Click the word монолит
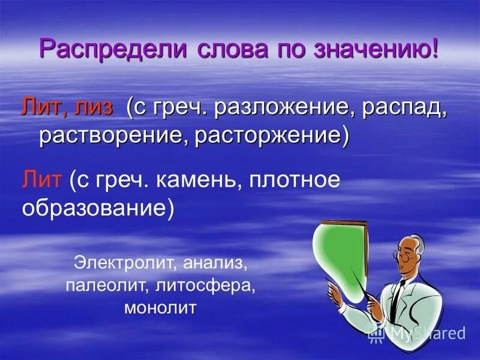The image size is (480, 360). coord(160,309)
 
